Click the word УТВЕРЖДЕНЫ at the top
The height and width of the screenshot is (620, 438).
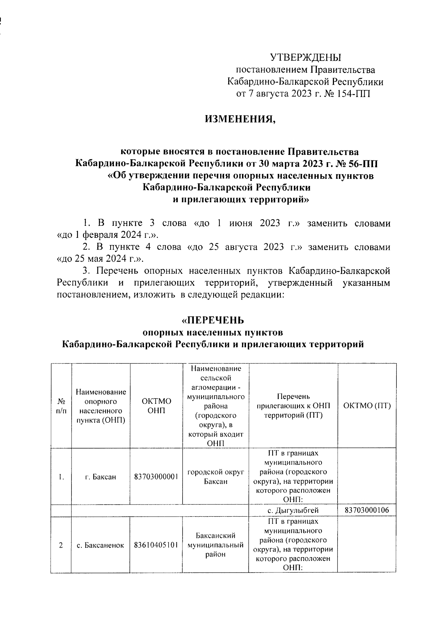point(306,57)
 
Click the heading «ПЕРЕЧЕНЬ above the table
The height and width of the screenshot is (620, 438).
point(213,320)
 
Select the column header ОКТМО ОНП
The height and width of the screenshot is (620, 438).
point(156,406)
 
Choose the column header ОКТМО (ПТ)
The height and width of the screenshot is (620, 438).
point(367,406)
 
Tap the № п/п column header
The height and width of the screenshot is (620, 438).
point(61,406)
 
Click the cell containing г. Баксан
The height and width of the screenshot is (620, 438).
point(100,477)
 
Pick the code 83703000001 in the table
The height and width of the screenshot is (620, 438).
point(156,477)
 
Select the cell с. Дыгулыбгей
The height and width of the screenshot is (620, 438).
point(293,510)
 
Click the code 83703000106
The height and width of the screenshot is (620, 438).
point(367,510)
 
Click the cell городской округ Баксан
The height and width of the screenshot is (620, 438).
point(215,477)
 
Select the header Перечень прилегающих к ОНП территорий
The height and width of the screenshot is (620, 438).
point(293,406)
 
